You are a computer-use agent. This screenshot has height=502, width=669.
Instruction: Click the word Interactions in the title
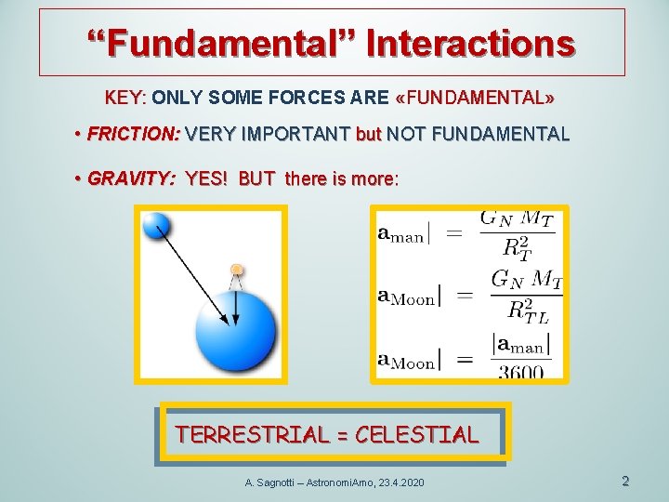pos(471,43)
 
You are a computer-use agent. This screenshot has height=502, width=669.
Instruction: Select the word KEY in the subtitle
pos(124,97)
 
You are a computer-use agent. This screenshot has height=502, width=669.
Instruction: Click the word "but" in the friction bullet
pos(368,134)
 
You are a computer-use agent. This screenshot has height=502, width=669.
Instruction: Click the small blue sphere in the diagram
pos(155,226)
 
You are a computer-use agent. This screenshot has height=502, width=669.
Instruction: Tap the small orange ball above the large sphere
pos(237,271)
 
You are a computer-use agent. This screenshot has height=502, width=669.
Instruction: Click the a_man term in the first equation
pos(400,234)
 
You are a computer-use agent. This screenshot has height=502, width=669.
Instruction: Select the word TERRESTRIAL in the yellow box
pos(253,434)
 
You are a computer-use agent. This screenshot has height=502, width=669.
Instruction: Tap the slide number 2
pos(625,481)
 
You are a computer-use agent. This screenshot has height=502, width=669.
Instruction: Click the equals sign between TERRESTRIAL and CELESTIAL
pos(343,434)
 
